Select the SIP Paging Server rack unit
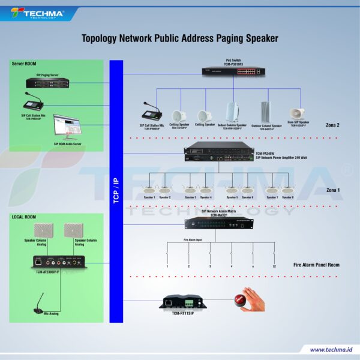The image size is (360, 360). (47, 83)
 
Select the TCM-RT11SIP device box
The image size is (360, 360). (184, 301)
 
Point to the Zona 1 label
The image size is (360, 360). (333, 190)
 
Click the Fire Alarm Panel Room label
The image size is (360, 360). (317, 265)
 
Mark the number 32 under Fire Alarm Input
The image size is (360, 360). (274, 266)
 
